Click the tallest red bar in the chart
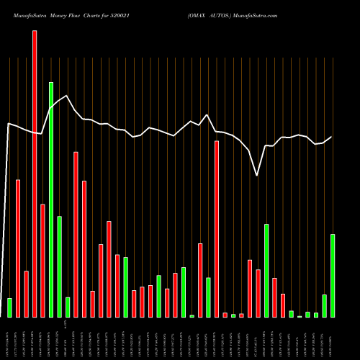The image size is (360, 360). [35, 173]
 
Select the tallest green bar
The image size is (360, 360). [51, 199]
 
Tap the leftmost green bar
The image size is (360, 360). [10, 307]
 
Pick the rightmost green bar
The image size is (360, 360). [333, 275]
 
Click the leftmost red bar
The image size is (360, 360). [18, 248]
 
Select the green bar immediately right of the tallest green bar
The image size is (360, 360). [59, 266]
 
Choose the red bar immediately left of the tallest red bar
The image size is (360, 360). [27, 294]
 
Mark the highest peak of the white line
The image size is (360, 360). [67, 96]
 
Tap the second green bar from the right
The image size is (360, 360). [324, 305]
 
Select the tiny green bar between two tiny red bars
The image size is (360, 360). [233, 315]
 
